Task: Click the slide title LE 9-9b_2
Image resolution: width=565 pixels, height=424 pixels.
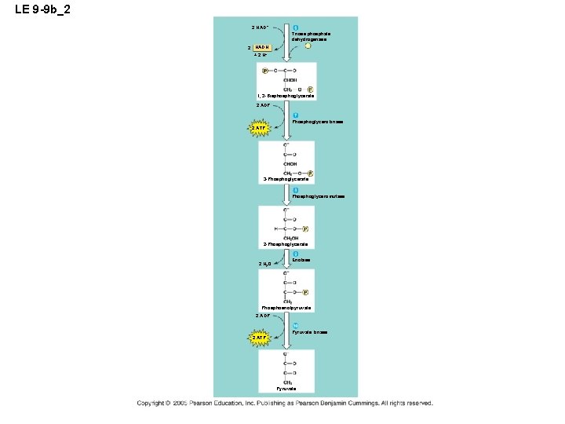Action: pos(46,9)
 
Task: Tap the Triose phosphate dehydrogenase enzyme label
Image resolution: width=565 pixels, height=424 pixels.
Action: pos(311,37)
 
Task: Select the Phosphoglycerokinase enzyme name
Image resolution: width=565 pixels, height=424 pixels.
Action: pos(317,122)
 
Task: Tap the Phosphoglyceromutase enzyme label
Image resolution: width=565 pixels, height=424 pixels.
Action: pos(318,196)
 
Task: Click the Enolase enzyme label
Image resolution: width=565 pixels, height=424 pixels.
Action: pos(301,260)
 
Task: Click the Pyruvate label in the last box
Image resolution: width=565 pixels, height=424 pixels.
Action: pos(286,389)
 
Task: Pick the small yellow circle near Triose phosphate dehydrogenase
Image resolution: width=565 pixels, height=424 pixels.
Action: pos(309,46)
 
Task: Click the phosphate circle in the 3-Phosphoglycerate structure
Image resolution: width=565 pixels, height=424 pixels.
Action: pos(311,173)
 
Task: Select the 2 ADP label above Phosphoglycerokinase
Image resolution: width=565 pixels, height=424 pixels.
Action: pos(263,105)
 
